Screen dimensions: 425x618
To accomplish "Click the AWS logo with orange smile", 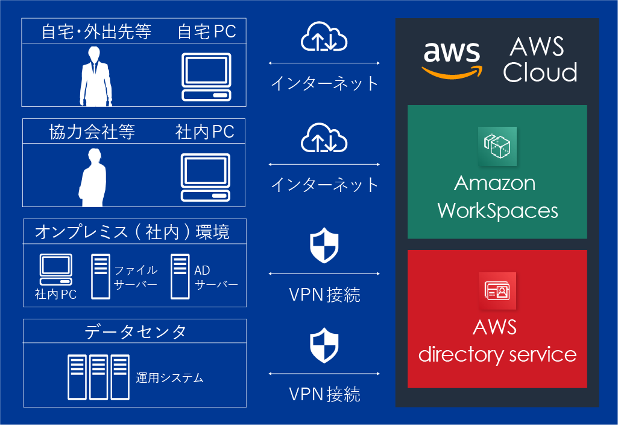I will [452, 59].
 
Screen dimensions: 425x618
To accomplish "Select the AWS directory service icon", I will [497, 291].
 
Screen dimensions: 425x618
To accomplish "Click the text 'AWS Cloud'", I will [540, 60].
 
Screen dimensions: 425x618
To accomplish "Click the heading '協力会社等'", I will [92, 132].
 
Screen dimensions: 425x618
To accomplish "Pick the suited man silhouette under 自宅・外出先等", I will [96, 76].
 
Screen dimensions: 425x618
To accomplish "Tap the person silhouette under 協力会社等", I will [93, 175].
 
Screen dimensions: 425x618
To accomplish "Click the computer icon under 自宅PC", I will [206, 77].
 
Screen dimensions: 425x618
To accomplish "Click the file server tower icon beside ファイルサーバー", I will [101, 276].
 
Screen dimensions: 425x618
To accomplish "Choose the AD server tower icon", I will [180, 276].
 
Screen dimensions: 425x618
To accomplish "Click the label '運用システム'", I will [169, 379].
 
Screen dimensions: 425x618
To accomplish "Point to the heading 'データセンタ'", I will [135, 331].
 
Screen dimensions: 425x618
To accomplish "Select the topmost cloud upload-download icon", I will [324, 37].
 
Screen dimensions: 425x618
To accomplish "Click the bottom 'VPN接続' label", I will [324, 395].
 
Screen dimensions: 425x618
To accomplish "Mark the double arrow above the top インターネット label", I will [324, 63].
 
